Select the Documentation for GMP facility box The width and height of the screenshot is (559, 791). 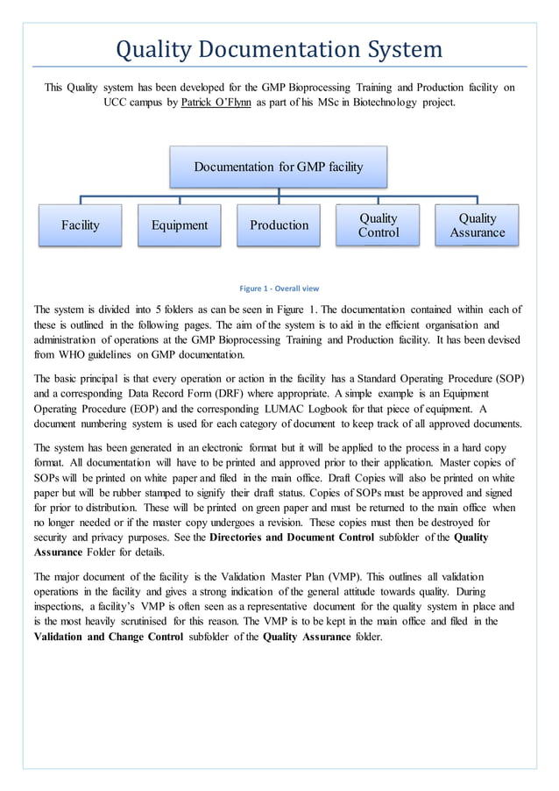278,167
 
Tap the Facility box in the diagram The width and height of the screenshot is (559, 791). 80,225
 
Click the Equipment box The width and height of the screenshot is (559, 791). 179,225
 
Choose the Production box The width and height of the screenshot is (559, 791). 279,225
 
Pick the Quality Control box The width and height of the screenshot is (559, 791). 378,225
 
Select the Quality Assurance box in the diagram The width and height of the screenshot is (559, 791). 477,225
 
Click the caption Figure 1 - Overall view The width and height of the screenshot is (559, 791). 279,289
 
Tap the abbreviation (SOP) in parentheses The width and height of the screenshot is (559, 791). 506,379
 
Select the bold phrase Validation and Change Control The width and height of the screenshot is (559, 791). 109,636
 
